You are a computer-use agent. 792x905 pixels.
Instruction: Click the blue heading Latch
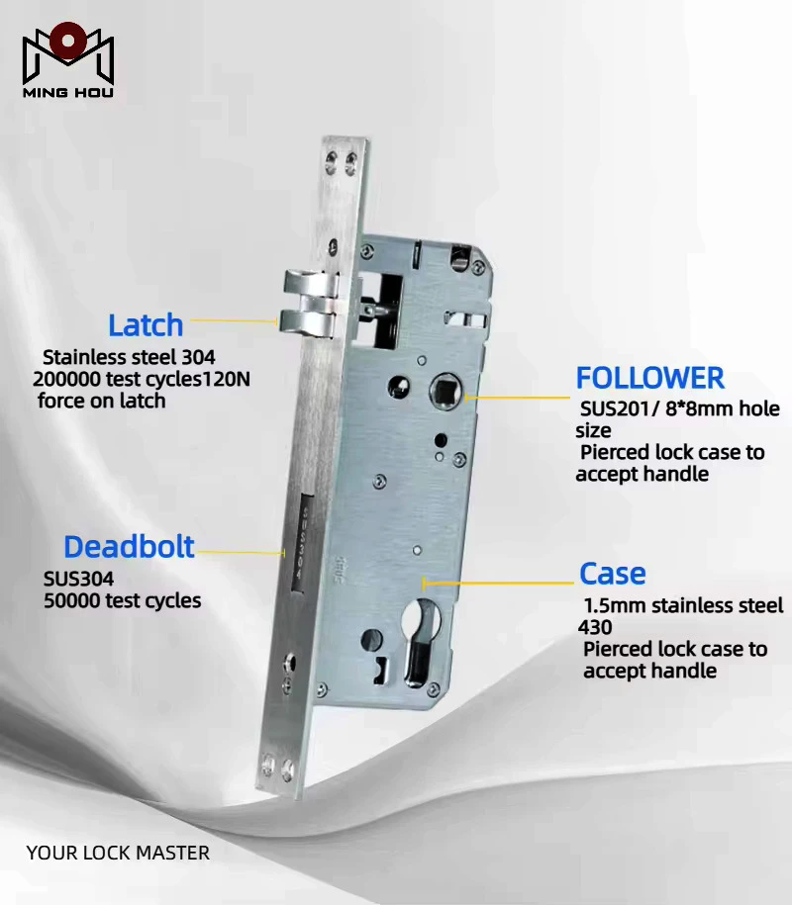point(146,325)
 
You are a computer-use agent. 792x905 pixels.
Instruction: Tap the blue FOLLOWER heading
point(649,378)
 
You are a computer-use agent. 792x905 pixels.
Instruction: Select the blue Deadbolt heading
point(129,547)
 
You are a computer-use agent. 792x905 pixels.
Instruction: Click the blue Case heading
point(613,573)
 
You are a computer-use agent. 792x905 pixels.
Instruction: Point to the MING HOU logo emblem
point(68,53)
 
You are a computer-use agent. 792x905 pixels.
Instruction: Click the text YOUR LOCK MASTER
point(118,853)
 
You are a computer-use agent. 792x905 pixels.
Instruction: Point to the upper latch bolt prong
point(310,285)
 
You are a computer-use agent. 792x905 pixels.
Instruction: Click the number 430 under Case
point(594,627)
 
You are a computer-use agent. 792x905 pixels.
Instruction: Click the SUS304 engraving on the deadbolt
point(302,543)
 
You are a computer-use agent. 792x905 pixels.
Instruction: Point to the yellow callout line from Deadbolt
point(241,552)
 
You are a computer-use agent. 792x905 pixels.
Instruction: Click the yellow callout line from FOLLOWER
point(518,397)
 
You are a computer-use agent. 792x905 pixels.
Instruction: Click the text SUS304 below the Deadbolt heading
point(78,579)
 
